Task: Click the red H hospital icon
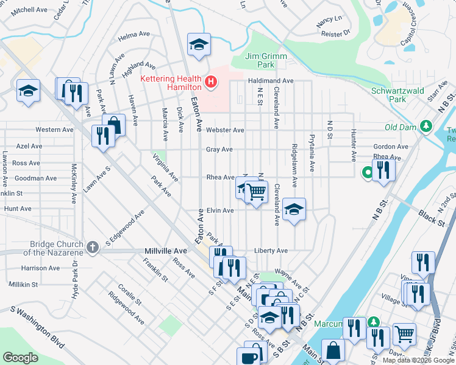coord(211,82)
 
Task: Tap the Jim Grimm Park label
coord(266,60)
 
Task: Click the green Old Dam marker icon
coord(427,127)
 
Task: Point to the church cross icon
coord(92,247)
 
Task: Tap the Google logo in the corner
coord(21,358)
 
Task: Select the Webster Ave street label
coord(224,130)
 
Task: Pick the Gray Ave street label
coord(219,149)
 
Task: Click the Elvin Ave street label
coord(220,210)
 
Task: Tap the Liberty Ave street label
coord(271,251)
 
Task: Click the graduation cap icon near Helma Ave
coord(199,44)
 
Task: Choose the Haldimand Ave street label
coord(271,81)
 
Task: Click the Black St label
coord(430,217)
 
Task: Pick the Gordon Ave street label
coord(390,147)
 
